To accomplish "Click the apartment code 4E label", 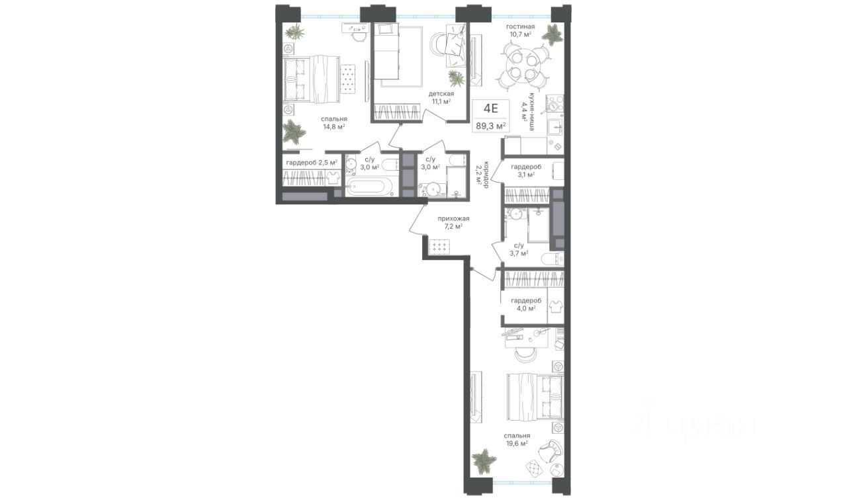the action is click(491, 109).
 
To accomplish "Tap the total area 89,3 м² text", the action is click(491, 126).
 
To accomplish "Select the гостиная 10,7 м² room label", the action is click(521, 30).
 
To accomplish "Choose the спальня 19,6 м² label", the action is click(517, 440).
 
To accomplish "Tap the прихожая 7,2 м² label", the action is click(453, 222).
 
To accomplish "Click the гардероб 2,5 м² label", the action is click(312, 163).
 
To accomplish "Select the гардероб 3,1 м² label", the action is click(526, 171).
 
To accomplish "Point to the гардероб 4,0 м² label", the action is click(526, 304).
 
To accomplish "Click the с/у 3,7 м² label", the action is click(518, 249).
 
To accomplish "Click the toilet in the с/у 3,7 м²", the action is click(553, 259).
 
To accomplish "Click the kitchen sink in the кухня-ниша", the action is click(555, 128).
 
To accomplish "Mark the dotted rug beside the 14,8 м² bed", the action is click(83, 84).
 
